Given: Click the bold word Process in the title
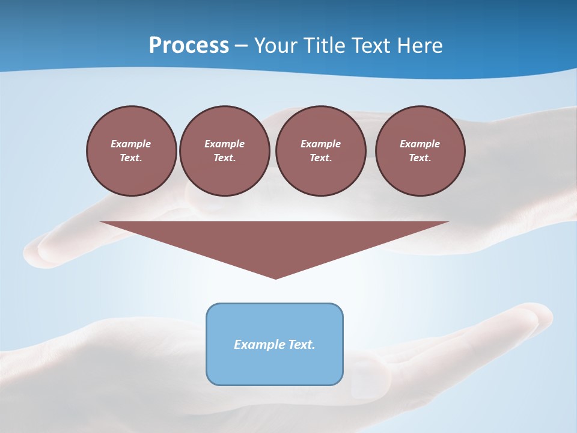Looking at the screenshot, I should (x=189, y=46).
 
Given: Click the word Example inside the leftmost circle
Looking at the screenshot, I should (x=131, y=144).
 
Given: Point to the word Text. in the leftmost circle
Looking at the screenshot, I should (x=131, y=158).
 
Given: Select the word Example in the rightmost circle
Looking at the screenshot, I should (x=420, y=144).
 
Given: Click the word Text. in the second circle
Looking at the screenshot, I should (x=224, y=158).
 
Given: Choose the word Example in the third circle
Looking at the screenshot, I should (x=320, y=144).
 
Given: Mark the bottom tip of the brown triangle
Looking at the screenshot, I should (x=275, y=277).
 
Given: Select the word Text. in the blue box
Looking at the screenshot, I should (x=302, y=345).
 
